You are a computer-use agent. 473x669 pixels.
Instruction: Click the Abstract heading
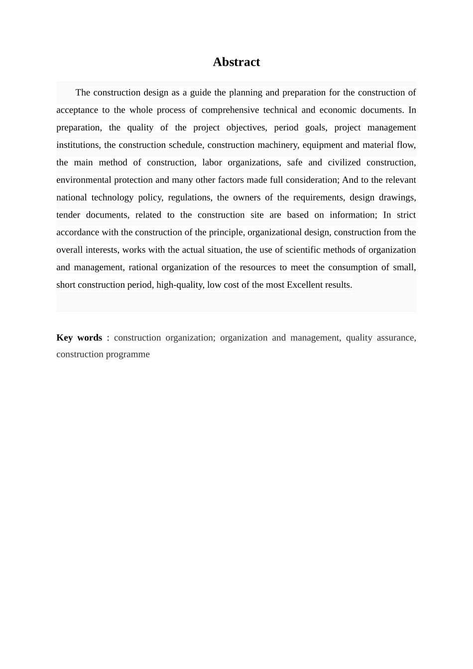[236, 62]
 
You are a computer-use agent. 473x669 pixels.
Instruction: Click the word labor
[212, 162]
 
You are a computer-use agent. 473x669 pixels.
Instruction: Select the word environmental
[84, 180]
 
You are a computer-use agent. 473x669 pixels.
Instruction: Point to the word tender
[68, 215]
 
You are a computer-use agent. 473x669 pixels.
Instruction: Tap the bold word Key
[65, 337]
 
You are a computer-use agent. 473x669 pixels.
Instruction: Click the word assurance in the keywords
[395, 337]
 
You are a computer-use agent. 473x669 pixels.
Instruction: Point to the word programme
[127, 354]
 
